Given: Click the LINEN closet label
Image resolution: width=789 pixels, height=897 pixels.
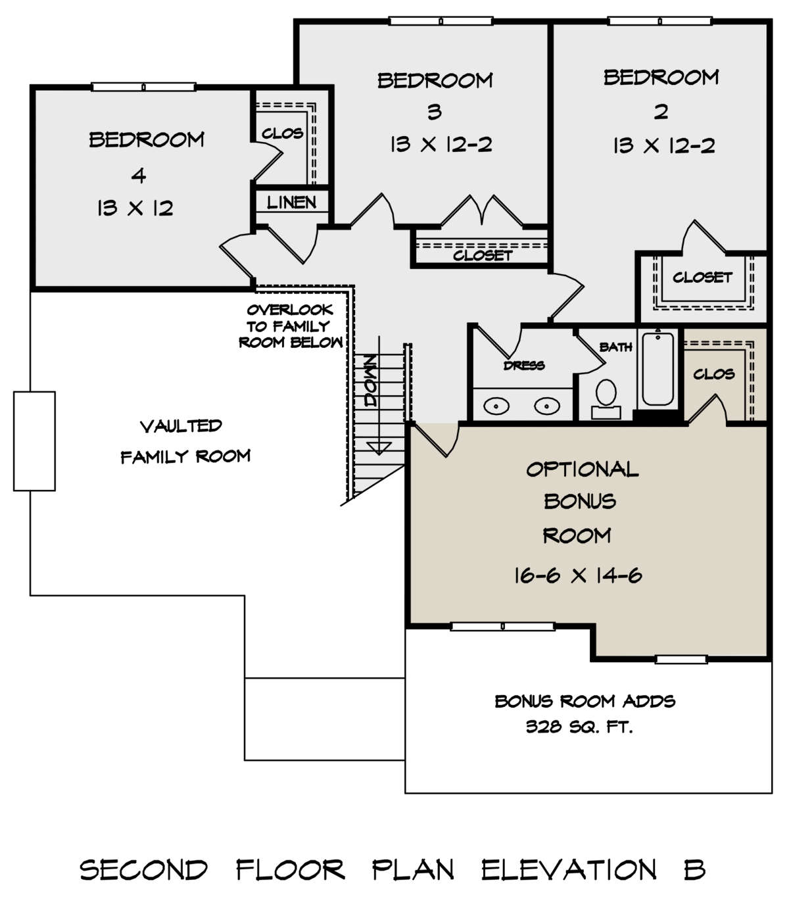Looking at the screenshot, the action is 291,203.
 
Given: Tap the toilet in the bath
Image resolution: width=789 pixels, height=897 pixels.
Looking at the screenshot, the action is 606,399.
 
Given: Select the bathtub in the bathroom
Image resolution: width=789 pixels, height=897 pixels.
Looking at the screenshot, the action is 657,368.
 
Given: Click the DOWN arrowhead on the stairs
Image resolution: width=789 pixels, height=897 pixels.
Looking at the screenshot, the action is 379,448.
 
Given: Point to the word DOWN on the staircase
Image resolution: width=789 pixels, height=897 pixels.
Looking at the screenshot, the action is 370,381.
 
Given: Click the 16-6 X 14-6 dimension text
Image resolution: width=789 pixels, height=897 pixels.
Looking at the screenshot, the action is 578,575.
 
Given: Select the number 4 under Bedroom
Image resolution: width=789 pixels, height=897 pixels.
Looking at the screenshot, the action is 139,176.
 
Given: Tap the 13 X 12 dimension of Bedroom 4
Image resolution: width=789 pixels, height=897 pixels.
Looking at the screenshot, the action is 135,208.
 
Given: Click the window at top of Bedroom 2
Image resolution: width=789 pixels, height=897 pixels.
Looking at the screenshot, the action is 659,21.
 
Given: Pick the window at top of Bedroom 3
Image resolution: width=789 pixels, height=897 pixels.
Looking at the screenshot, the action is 441,21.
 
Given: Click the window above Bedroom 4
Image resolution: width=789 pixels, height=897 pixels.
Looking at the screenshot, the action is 143,87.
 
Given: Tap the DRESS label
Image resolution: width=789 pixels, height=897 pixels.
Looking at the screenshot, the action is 524,365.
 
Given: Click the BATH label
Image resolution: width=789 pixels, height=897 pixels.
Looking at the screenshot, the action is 615,347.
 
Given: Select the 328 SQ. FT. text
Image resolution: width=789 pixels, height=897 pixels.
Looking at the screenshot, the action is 579,727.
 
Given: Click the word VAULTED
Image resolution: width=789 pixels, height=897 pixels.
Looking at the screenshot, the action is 181,426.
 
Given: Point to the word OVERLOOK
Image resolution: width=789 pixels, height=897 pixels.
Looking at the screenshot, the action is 290,310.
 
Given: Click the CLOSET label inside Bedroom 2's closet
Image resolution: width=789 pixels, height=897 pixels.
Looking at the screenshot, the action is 702,277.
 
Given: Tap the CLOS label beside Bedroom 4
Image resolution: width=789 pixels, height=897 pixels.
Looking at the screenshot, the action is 283,133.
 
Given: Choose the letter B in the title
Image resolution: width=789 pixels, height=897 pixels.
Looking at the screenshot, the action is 695,869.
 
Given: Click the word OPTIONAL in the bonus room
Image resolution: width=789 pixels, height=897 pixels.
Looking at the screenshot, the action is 583,469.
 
